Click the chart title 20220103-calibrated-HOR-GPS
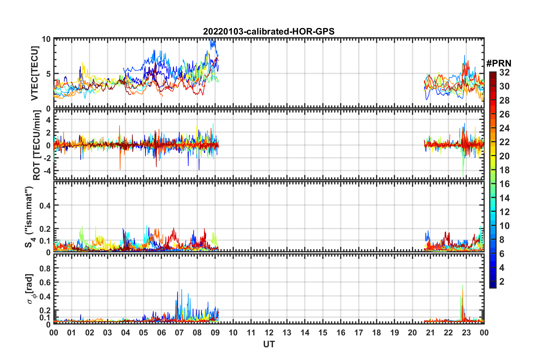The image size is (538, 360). [x=269, y=31]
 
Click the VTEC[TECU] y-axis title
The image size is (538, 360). [x=35, y=73]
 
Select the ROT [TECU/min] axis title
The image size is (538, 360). [x=36, y=145]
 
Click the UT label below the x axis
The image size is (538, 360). [x=269, y=344]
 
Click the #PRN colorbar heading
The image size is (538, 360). [x=499, y=63]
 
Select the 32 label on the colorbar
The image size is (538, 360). [x=504, y=72]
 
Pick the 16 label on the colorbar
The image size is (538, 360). [x=504, y=184]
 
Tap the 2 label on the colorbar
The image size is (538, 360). [x=502, y=281]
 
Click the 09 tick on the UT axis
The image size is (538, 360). [x=215, y=333]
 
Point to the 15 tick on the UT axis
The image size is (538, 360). [x=323, y=333]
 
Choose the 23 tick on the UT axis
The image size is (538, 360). [x=466, y=333]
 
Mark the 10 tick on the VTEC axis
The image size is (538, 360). [x=46, y=39]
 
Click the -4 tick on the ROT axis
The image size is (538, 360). [x=48, y=171]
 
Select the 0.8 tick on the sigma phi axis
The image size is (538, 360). [x=45, y=268]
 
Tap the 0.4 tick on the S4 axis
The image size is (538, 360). [x=45, y=205]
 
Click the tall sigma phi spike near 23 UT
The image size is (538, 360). [x=462, y=286]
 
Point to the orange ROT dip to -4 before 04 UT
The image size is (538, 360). [x=120, y=169]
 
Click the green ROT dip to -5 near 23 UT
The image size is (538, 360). [x=463, y=175]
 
